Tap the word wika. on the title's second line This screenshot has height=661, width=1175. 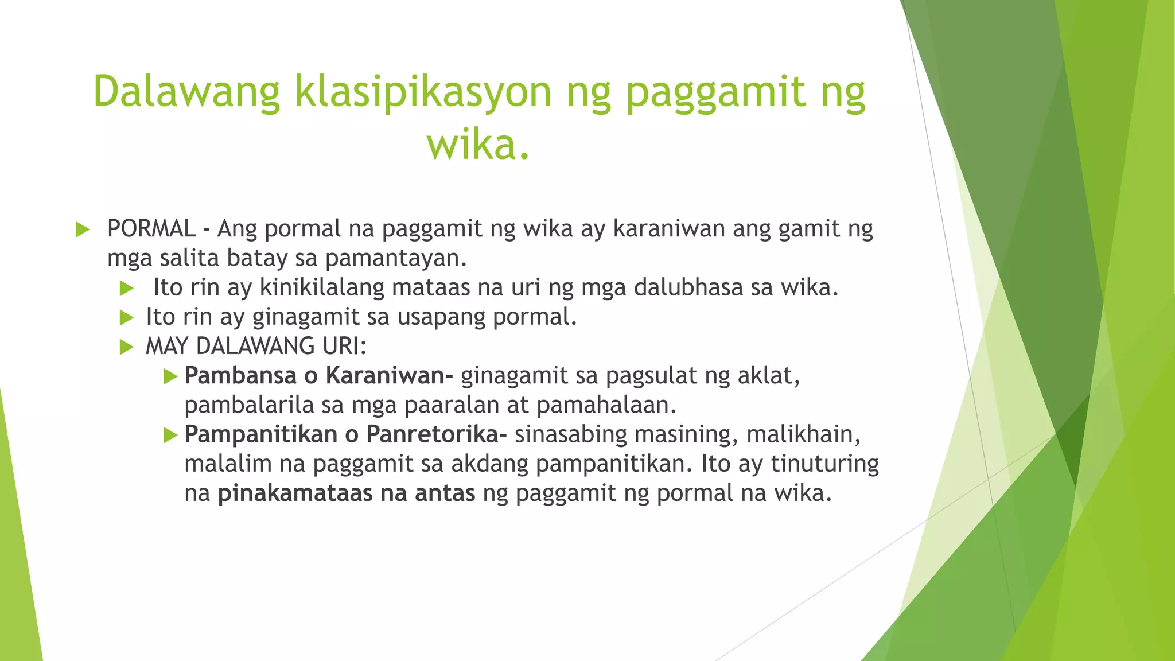coord(478,145)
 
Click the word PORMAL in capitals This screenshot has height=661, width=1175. coord(151,229)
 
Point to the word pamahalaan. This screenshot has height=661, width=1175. coord(606,405)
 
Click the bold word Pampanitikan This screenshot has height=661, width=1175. coord(260,434)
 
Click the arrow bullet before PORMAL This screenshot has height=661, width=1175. coord(83,230)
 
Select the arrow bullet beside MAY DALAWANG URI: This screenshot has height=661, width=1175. coord(126,347)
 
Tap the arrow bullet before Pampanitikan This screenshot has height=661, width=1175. coord(170,435)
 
